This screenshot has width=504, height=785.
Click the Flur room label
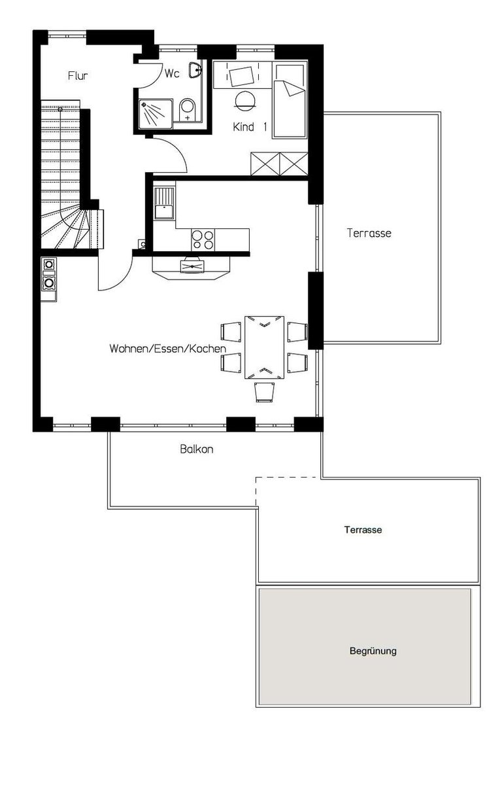pos(78,76)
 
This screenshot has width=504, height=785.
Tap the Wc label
pos(172,73)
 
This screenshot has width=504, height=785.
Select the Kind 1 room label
pos(250,127)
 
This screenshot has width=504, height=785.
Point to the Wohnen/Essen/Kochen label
pos(168,349)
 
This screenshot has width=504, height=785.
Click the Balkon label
pos(197,449)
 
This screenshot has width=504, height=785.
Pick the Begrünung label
pos(373,651)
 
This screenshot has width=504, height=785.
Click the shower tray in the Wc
pos(156,114)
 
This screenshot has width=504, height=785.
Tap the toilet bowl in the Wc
pos(188,110)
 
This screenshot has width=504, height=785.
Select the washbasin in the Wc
pos(194,70)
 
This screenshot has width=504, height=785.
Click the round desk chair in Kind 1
pos(245,99)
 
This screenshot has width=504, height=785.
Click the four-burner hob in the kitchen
pos(203,239)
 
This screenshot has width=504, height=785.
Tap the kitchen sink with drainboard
pos(164,203)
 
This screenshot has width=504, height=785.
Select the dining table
pos(264,347)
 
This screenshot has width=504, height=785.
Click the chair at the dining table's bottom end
pos(264,392)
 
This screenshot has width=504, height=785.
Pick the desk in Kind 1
pos(243,75)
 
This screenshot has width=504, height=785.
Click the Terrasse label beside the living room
pos(369,233)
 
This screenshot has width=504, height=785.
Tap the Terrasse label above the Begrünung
pos(363,529)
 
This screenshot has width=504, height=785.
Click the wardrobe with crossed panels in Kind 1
pos(280,164)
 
